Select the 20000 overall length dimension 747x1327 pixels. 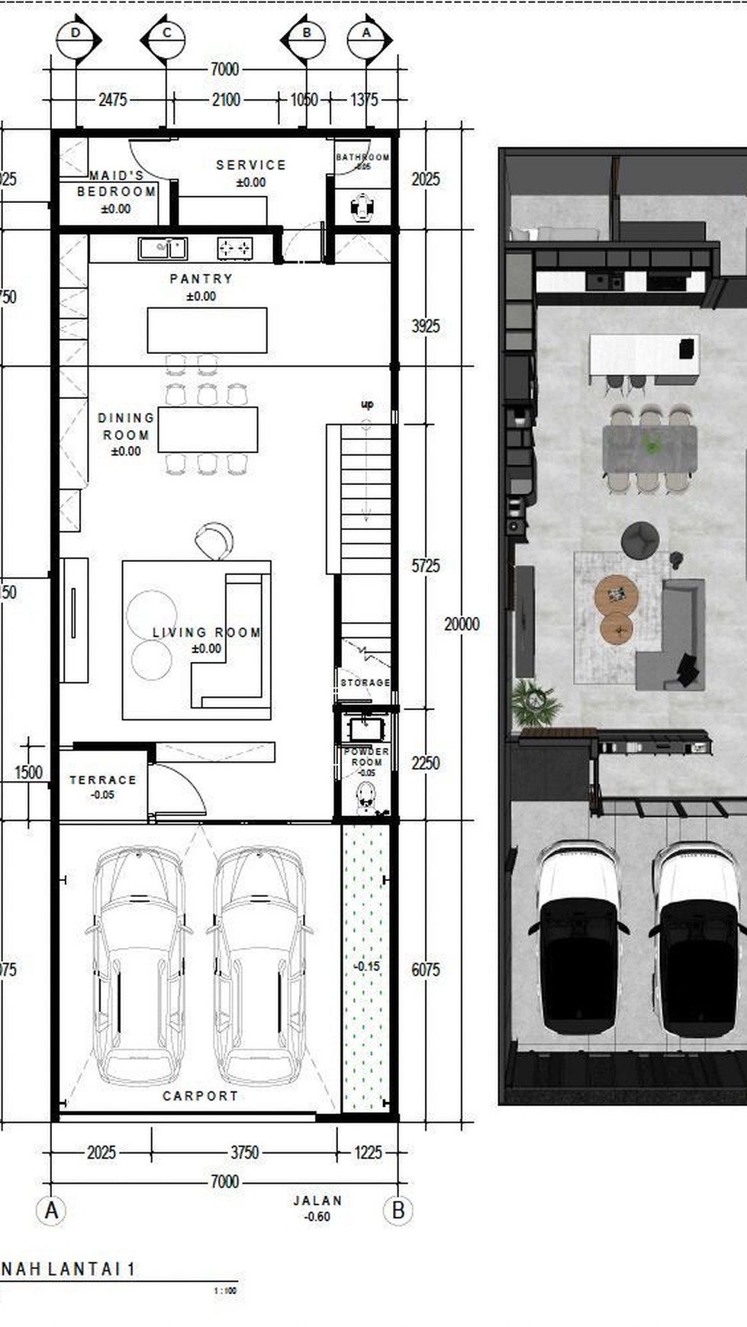pos(462,625)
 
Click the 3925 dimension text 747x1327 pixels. pos(425,326)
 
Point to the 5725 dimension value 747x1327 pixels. pos(425,566)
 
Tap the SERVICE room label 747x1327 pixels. pos(251,165)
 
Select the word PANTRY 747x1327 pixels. pos(201,279)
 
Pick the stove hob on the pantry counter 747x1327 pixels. pos(235,248)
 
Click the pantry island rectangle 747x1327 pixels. pos(207,330)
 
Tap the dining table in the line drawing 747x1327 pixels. pos(208,429)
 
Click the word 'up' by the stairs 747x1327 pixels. pos(367,404)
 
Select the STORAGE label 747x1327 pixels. pos(365,683)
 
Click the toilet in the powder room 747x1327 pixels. pos(366,797)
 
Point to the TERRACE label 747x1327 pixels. pos(102,780)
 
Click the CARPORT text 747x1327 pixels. pos(201,1096)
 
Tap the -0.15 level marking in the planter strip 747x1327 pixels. pos(366,966)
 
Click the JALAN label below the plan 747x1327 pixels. pos(317,1200)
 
